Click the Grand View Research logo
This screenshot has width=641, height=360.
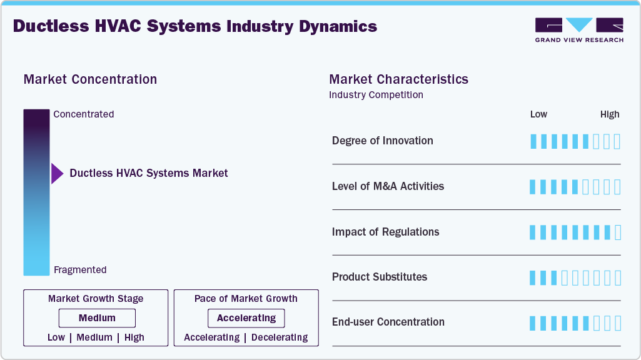tap(579, 29)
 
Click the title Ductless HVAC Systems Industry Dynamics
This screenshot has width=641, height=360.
tap(195, 26)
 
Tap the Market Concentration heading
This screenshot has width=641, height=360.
tap(90, 79)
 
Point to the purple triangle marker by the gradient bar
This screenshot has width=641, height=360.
tap(57, 173)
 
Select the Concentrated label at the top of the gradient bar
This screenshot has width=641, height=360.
tap(84, 114)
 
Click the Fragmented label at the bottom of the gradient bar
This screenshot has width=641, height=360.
tap(80, 270)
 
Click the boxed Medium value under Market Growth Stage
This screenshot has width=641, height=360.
tap(97, 318)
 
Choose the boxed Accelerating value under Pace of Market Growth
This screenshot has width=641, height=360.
tap(246, 318)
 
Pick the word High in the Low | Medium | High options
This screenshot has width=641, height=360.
tap(134, 337)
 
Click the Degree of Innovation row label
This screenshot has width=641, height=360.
tap(383, 141)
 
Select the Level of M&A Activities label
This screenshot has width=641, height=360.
tap(388, 186)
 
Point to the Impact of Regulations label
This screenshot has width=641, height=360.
tap(385, 232)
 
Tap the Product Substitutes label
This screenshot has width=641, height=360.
tap(380, 277)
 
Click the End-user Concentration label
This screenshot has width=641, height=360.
tap(388, 322)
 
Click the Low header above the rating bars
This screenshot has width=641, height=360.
tap(538, 114)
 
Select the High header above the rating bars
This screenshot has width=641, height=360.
tap(610, 114)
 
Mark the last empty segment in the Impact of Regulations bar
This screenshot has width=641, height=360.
tap(618, 232)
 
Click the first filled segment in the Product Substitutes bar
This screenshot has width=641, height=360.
tap(533, 277)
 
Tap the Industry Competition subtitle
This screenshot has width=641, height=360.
tap(376, 95)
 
